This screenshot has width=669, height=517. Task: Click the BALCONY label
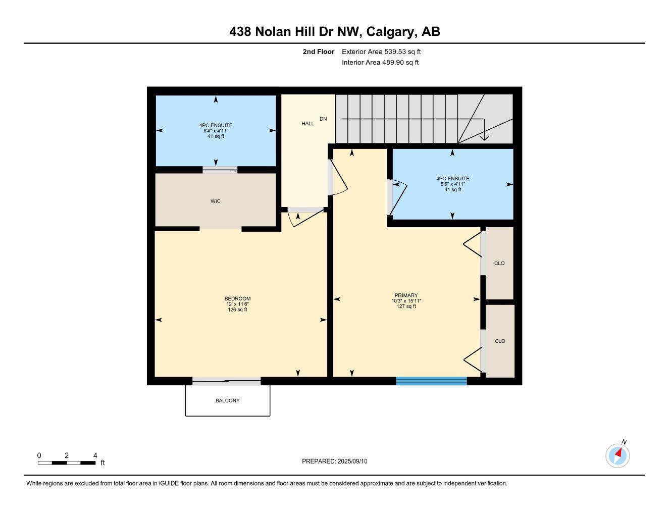click(227, 401)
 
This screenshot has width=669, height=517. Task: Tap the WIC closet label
click(216, 201)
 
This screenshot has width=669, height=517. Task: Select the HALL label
click(308, 124)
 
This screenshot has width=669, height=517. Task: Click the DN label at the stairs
click(323, 119)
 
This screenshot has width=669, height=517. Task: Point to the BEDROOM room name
click(237, 299)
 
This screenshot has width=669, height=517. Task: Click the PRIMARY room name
click(406, 296)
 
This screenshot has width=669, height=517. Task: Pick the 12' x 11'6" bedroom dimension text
click(237, 304)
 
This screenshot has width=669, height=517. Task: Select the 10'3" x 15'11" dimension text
click(406, 301)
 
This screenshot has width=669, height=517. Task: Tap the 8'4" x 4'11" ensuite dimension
click(216, 131)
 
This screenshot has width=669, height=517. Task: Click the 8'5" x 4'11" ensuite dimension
click(452, 184)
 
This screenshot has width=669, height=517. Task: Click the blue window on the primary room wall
click(431, 381)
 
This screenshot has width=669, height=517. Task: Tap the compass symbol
click(617, 456)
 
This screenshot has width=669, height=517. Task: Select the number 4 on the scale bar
click(95, 456)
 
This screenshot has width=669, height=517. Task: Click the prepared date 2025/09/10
click(353, 461)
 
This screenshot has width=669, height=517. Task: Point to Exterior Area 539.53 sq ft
click(381, 51)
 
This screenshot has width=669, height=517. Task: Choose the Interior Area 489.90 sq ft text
click(380, 63)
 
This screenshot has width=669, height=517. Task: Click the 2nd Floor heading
click(319, 51)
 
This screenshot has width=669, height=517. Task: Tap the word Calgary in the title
click(391, 32)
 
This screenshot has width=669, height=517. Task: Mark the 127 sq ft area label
click(406, 307)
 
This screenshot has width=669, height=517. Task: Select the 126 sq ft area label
click(237, 310)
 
